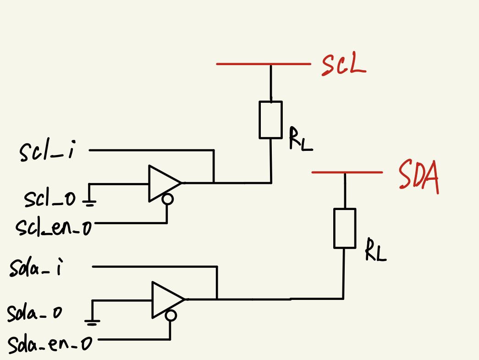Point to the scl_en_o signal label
click(x=54, y=226)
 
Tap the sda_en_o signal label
click(x=50, y=343)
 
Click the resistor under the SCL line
click(x=270, y=120)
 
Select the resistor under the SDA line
click(x=344, y=228)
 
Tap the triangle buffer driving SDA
click(x=165, y=299)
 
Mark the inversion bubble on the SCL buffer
click(x=168, y=199)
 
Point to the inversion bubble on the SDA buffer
click(x=171, y=316)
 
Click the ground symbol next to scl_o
click(x=90, y=200)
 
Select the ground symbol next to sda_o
click(x=92, y=321)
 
